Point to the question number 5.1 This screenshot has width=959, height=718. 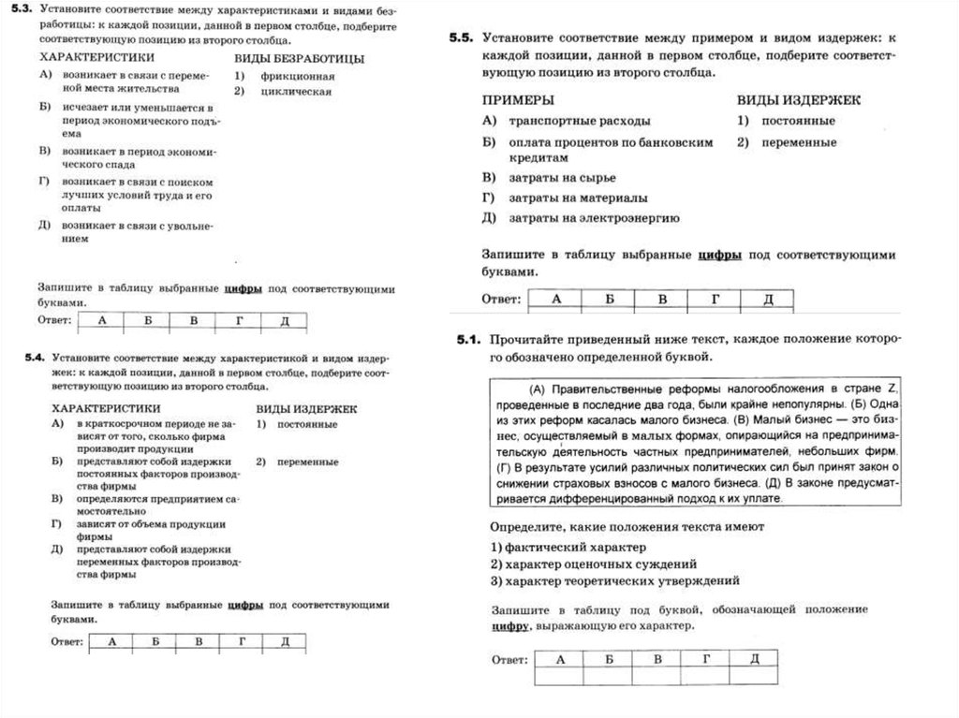[x=467, y=340]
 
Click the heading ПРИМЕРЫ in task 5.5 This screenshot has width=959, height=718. [x=517, y=99]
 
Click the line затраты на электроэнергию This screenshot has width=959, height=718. [x=594, y=218]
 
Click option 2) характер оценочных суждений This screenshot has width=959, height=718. [x=594, y=564]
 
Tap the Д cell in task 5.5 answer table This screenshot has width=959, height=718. [x=767, y=299]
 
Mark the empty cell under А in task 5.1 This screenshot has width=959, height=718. [x=561, y=676]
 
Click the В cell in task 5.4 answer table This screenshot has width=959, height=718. [x=198, y=641]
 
